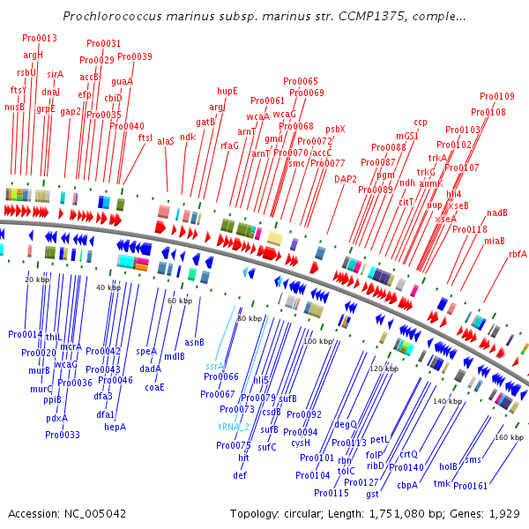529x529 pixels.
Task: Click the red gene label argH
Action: (33, 55)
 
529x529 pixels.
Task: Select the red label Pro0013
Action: (40, 39)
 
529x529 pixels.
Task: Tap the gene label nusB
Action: (14, 107)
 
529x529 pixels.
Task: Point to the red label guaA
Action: (122, 81)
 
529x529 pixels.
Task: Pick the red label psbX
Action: (335, 129)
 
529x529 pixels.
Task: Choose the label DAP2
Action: (346, 179)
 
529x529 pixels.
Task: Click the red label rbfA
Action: (518, 254)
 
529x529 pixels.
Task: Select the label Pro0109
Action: (497, 96)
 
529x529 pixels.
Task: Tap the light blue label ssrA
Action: (215, 365)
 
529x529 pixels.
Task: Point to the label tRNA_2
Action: (234, 426)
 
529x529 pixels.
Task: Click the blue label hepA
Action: (115, 427)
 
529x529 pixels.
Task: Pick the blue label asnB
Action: (194, 342)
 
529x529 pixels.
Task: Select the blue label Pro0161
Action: (470, 486)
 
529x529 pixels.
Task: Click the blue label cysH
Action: (301, 443)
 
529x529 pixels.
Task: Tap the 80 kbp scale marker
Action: (250, 318)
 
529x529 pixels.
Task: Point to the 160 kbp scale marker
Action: (509, 437)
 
